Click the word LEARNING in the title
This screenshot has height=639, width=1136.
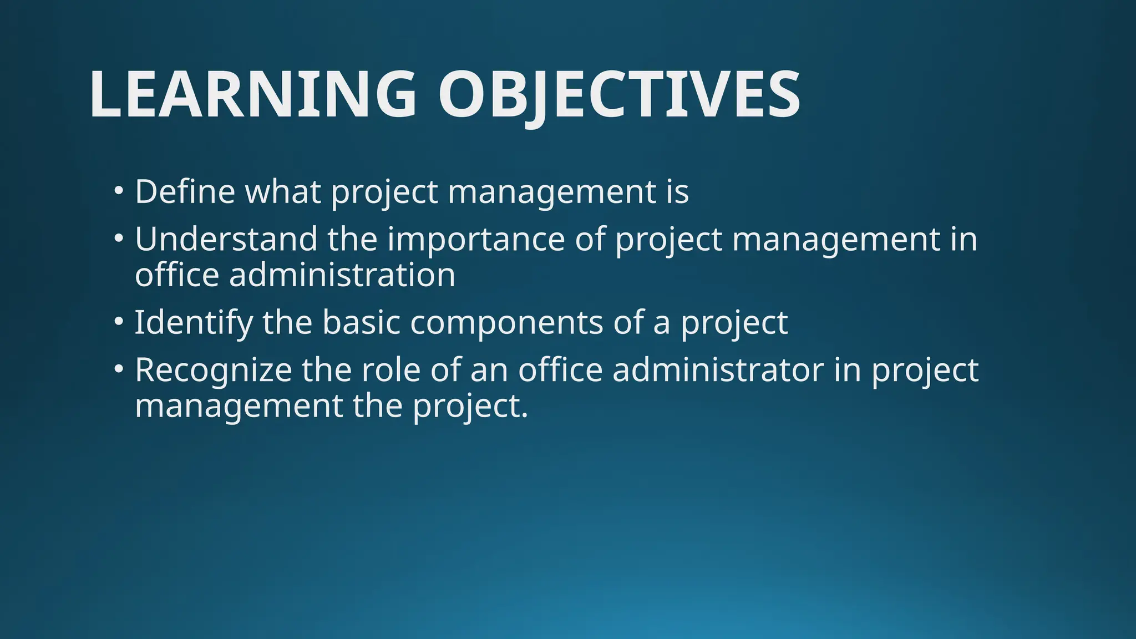pos(252,94)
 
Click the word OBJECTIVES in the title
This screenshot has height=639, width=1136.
pos(619,94)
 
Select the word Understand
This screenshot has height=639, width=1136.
pos(226,239)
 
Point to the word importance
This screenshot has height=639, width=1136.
pos(475,239)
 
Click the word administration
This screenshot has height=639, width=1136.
pos(342,275)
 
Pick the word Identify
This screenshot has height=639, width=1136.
pos(194,322)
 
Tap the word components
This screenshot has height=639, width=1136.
pos(506,322)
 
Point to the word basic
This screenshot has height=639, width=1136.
pos(361,322)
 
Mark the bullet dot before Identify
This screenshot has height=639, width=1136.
pos(118,322)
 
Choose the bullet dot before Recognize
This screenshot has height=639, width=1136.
pos(118,369)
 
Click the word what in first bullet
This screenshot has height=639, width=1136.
pos(283,191)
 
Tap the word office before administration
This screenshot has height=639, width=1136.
pos(177,275)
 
